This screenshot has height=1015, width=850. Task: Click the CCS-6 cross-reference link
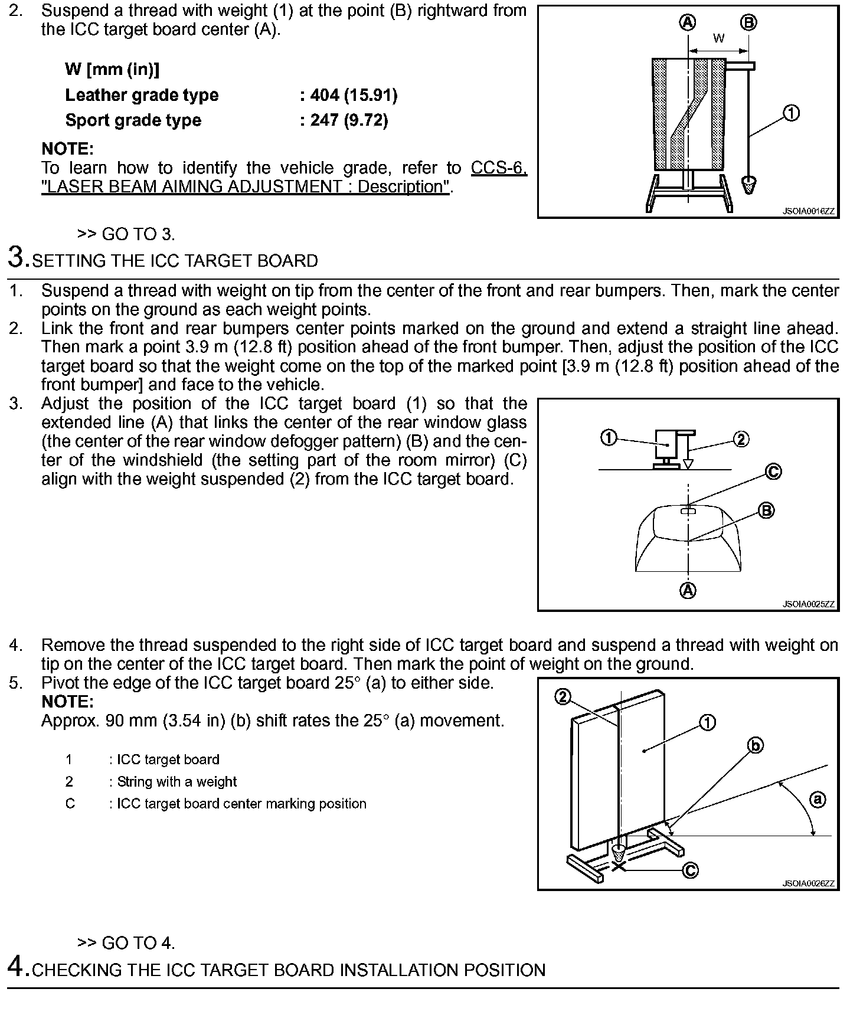pyautogui.click(x=499, y=168)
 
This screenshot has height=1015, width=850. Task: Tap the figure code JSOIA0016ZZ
pyautogui.click(x=809, y=211)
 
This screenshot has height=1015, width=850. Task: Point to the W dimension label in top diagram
pyautogui.click(x=718, y=39)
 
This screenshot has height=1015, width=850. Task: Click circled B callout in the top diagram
pyautogui.click(x=748, y=23)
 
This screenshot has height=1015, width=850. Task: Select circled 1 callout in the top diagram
pyautogui.click(x=791, y=113)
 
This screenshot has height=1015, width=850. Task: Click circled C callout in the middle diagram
pyautogui.click(x=773, y=472)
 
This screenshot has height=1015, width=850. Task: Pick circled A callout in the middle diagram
pyautogui.click(x=688, y=590)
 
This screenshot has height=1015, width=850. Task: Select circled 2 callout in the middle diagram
pyautogui.click(x=741, y=439)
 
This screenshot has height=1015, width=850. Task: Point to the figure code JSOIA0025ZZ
pyautogui.click(x=809, y=604)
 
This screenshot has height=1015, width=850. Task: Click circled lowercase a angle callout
pyautogui.click(x=818, y=800)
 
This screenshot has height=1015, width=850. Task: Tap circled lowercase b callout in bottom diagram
pyautogui.click(x=756, y=746)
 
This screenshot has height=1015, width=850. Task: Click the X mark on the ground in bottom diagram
pyautogui.click(x=619, y=866)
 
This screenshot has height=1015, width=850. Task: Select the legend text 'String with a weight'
pyautogui.click(x=176, y=782)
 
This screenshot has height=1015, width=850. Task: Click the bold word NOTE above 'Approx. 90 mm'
pyautogui.click(x=67, y=702)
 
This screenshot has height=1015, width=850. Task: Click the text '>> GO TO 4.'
pyautogui.click(x=126, y=943)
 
